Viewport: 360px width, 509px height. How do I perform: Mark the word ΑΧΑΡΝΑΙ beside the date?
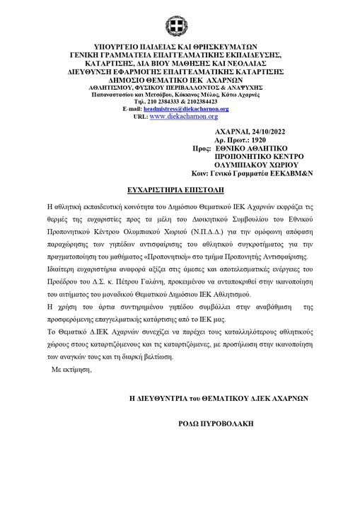click(231, 132)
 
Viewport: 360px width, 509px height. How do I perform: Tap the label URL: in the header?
click(139, 117)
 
